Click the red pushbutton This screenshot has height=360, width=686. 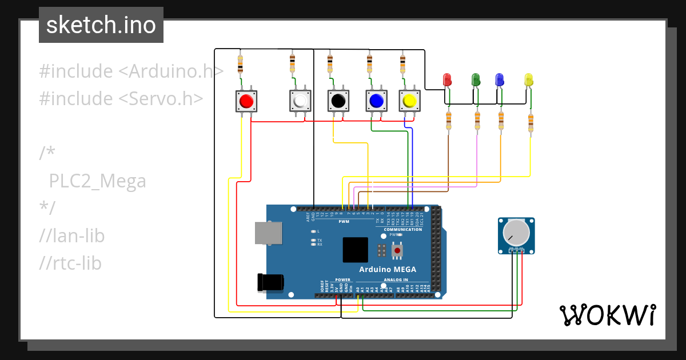(x=246, y=101)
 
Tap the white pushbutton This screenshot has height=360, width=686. (x=300, y=101)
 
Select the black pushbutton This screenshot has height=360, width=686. (x=338, y=101)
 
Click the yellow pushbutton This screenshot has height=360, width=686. (x=409, y=101)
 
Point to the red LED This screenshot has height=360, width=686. (x=448, y=79)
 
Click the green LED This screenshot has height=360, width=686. (x=475, y=79)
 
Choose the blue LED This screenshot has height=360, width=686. (x=500, y=79)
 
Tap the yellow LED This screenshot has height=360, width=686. (x=529, y=79)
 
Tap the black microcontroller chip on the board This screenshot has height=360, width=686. (x=355, y=250)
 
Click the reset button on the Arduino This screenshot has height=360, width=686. (x=397, y=250)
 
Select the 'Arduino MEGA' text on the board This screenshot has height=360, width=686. (x=388, y=269)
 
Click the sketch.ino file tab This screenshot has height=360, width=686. (x=101, y=25)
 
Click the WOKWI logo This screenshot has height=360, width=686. (x=607, y=315)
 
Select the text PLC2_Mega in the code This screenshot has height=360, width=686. (x=97, y=181)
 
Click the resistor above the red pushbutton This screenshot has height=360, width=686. (x=240, y=63)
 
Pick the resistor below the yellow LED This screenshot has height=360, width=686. (x=531, y=122)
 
